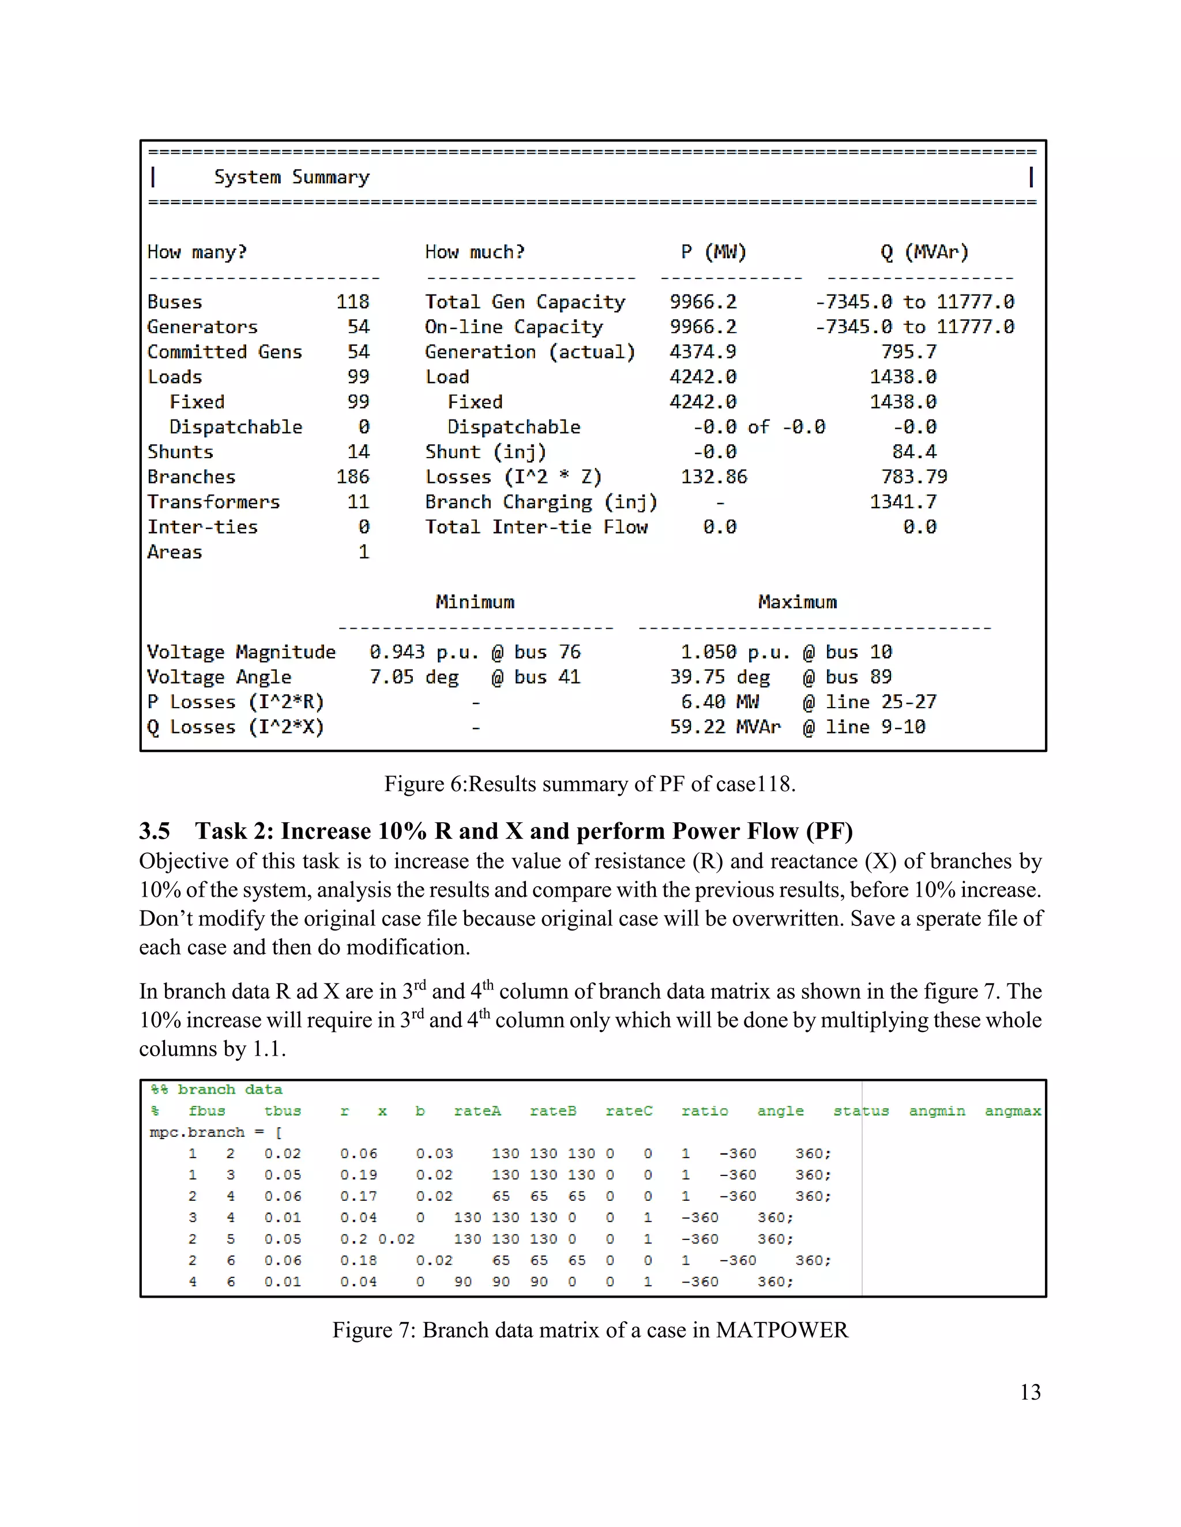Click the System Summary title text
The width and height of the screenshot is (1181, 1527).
(291, 177)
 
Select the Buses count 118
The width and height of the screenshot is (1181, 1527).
(352, 301)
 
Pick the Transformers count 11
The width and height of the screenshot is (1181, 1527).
(358, 501)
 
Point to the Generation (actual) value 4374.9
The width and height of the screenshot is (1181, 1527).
(702, 351)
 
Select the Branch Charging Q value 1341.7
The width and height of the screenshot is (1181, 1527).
(902, 501)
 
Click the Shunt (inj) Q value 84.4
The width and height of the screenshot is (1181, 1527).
(914, 451)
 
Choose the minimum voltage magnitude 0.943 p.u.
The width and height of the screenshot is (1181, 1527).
(423, 652)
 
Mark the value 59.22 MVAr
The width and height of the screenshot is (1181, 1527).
(724, 727)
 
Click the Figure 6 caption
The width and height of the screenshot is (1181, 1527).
(590, 784)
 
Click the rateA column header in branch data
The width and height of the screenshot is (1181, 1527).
(477, 1110)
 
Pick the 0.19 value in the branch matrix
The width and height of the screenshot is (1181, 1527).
(358, 1174)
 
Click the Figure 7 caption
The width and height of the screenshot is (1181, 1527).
(590, 1329)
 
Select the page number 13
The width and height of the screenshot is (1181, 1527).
(1030, 1392)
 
